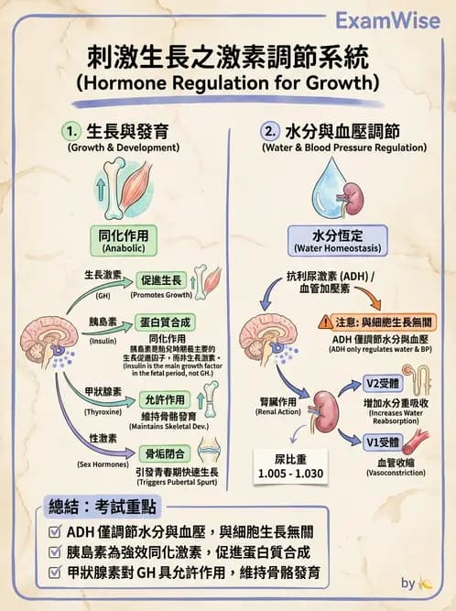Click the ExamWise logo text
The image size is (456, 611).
(391, 20)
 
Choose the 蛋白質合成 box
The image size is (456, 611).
(165, 322)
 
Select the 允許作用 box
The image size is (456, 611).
(165, 400)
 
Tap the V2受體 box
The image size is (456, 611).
(381, 382)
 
